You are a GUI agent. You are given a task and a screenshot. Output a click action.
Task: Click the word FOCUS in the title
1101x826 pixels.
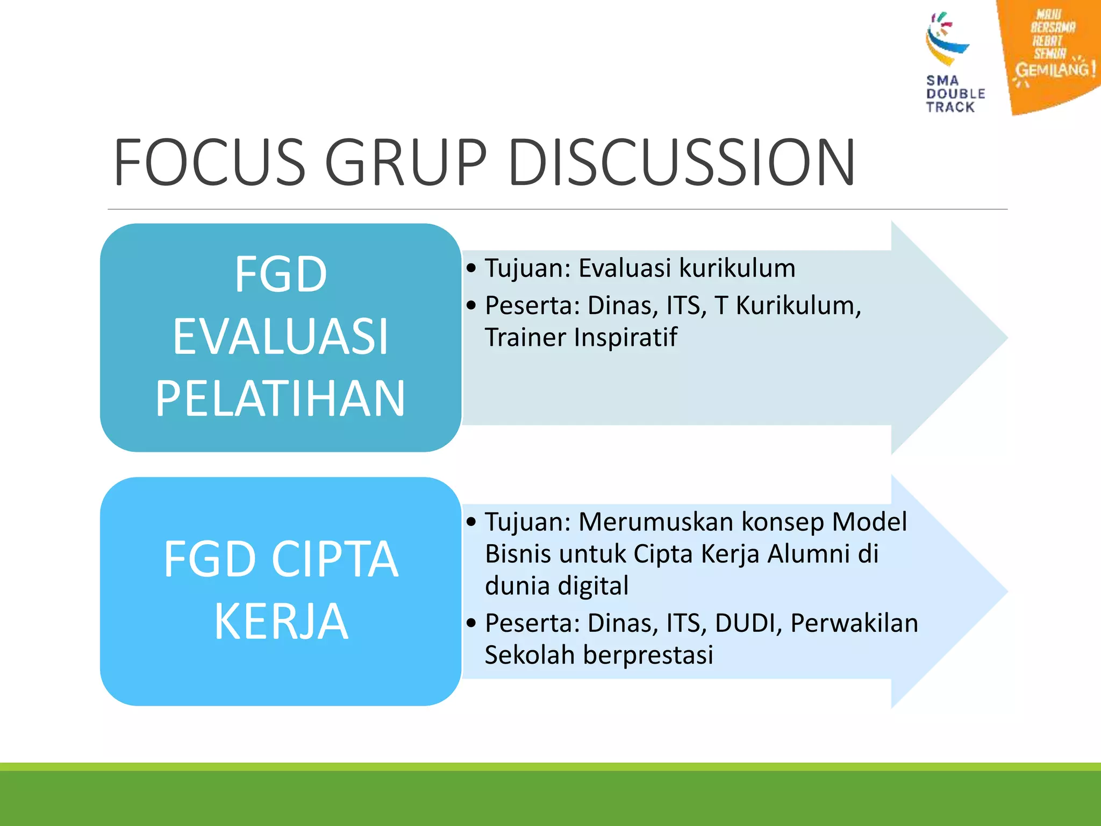[x=210, y=162]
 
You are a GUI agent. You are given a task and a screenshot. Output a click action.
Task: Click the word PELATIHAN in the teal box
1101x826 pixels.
[x=280, y=398]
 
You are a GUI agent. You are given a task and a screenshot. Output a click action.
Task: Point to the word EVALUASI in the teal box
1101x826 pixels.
[x=280, y=337]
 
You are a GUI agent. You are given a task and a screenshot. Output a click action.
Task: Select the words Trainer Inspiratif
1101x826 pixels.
[x=581, y=338]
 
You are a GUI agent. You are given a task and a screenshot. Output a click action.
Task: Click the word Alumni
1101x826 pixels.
[x=807, y=553]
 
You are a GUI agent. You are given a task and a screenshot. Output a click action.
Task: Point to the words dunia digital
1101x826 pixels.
[x=556, y=586]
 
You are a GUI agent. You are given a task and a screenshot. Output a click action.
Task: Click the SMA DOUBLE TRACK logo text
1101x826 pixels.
[x=955, y=94]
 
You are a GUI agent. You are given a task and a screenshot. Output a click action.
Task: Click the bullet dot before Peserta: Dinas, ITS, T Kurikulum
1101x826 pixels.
[x=471, y=305]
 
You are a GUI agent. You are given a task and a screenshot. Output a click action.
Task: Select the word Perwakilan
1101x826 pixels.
[x=854, y=623]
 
